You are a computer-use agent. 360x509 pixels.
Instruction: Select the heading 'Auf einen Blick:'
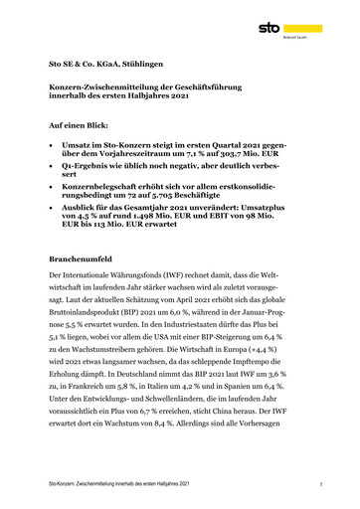click(80, 128)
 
